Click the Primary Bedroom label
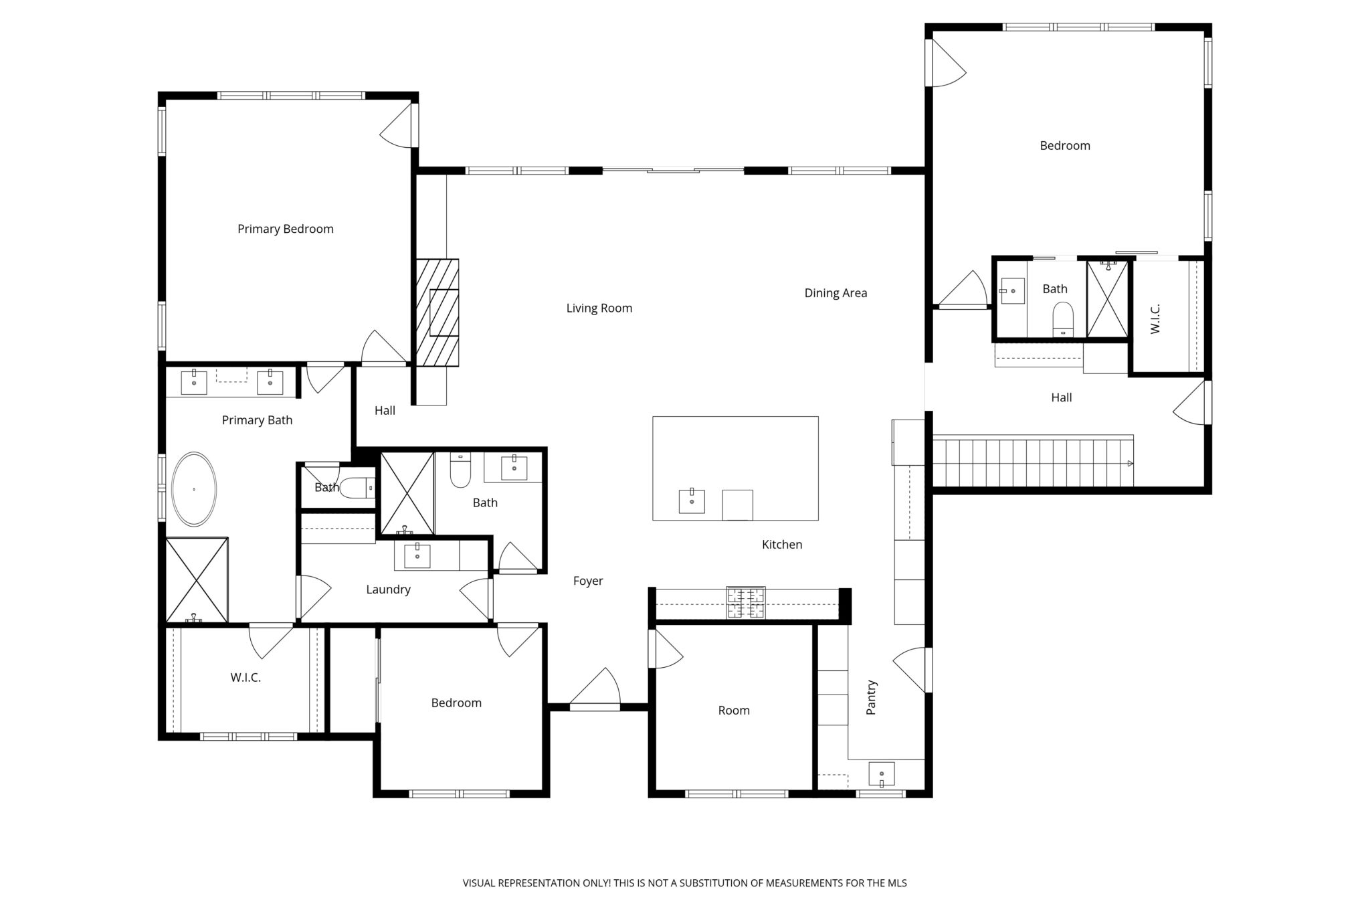286,229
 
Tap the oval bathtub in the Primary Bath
195,489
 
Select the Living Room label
599,308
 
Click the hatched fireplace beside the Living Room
437,312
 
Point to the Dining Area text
836,292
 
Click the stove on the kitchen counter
746,602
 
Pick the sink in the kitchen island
692,501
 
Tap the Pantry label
871,697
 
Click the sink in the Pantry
882,774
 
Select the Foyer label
588,581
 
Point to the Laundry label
388,589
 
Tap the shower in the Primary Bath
197,579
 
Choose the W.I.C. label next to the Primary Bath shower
246,677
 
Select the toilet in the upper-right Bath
1063,319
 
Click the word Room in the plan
734,710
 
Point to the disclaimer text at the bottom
685,883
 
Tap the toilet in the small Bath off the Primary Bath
357,487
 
